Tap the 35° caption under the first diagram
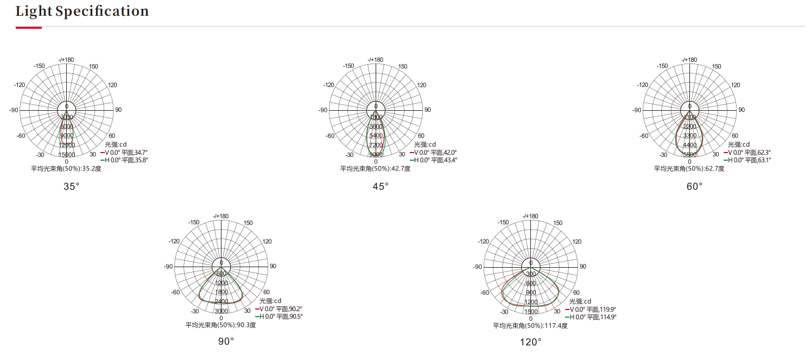click(72, 186)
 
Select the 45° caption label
click(381, 186)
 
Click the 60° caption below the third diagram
click(694, 186)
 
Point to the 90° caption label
click(226, 342)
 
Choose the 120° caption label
click(531, 342)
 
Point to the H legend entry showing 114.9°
click(592, 317)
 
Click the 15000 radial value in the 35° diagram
click(67, 154)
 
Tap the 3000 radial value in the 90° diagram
click(221, 311)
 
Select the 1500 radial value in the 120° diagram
click(531, 311)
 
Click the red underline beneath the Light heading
click(29, 27)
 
